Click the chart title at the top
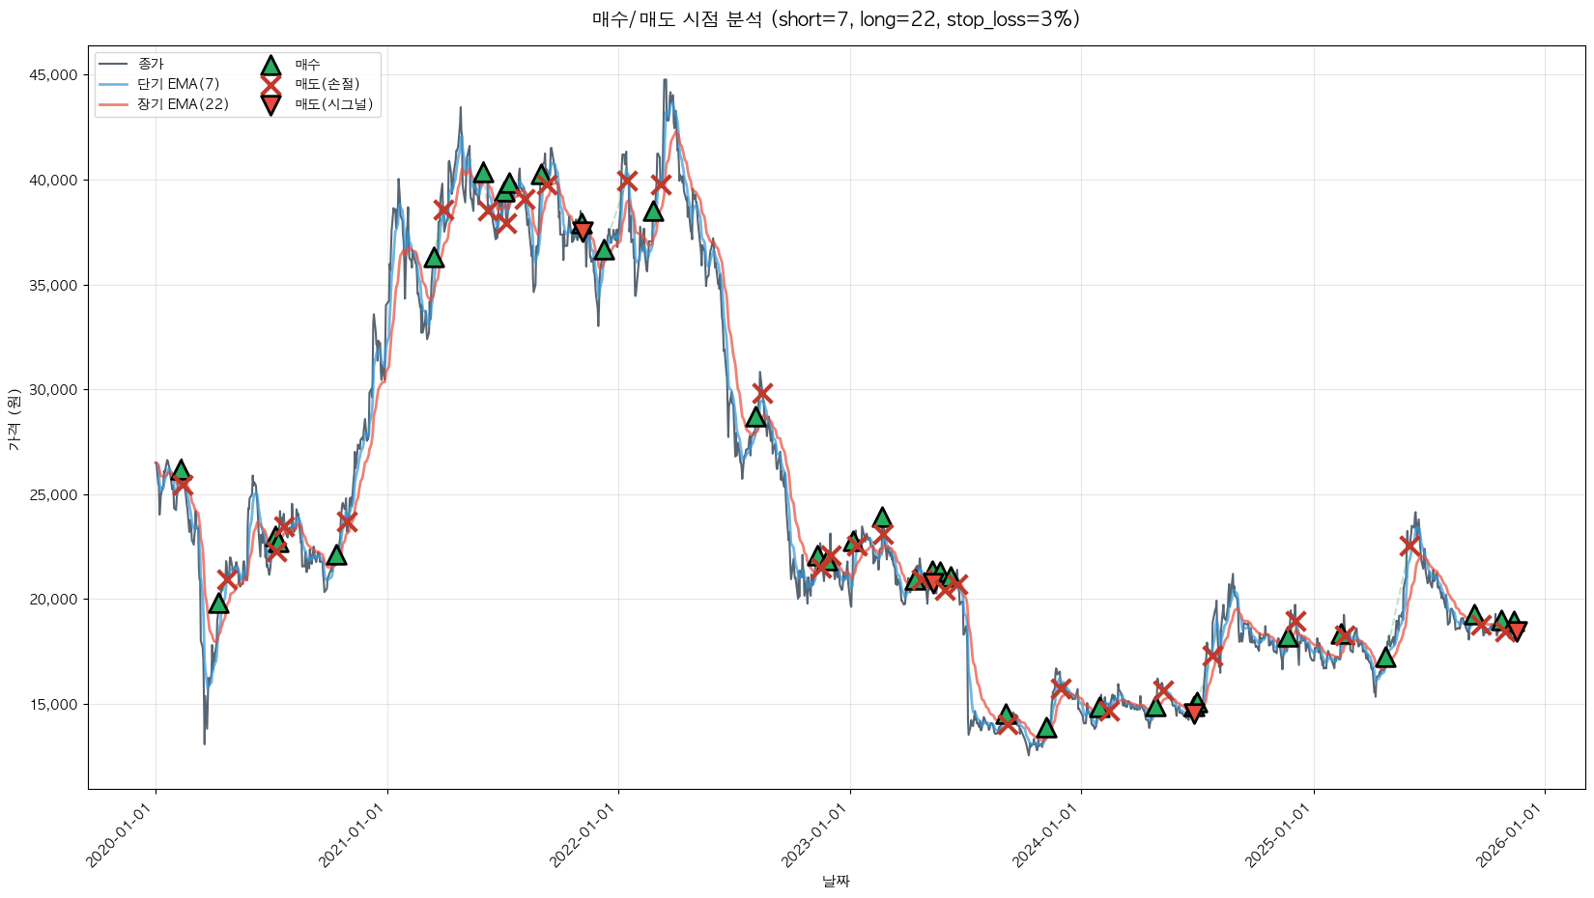tap(836, 19)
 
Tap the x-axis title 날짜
tap(836, 881)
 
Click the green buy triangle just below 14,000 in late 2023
tap(1046, 727)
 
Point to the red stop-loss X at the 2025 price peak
tap(1409, 547)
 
